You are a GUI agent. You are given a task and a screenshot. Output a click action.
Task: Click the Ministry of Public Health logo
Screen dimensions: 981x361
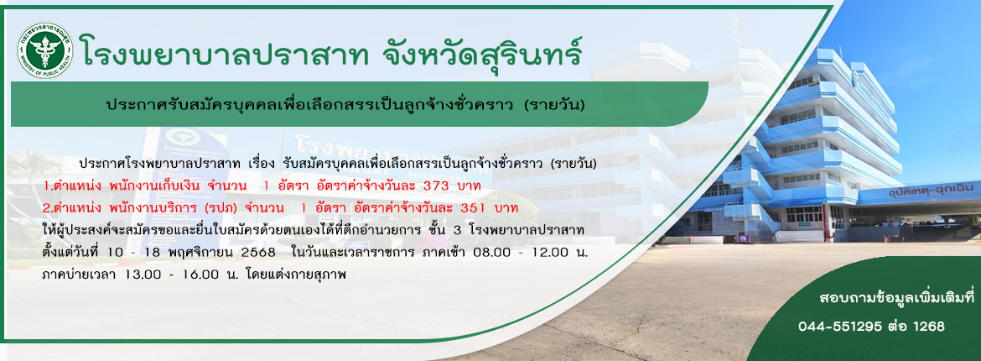coord(45,50)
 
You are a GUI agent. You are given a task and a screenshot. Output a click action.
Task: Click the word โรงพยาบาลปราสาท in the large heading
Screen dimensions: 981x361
coord(226,50)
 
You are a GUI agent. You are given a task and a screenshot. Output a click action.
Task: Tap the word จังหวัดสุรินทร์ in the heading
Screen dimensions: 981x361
coord(483,50)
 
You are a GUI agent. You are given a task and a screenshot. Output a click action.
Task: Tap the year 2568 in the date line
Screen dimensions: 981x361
coord(257,252)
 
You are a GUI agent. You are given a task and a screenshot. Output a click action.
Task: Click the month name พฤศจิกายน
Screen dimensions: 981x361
coord(196,252)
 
